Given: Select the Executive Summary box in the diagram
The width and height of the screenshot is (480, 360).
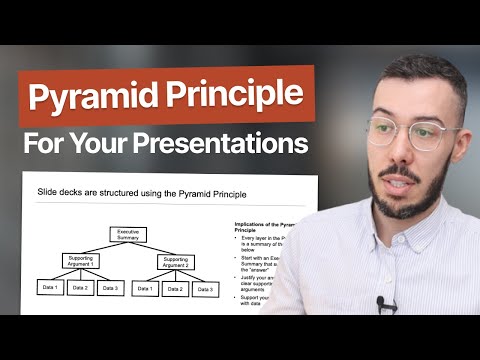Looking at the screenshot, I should (x=127, y=236).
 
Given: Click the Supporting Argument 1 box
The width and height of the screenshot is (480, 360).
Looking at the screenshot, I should (x=80, y=261).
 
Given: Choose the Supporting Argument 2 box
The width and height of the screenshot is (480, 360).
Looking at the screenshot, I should (x=176, y=261).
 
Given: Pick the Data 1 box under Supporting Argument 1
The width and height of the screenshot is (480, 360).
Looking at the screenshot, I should (x=48, y=289).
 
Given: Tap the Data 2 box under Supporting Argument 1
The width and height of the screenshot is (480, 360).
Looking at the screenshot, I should (x=80, y=289).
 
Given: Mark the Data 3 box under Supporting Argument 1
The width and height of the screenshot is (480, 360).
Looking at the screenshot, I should (x=111, y=289).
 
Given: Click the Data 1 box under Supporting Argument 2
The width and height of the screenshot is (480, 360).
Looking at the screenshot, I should (x=144, y=289).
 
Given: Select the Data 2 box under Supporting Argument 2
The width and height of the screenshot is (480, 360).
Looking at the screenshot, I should (x=176, y=289).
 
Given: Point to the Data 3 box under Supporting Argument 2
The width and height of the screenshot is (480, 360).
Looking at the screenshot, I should (x=207, y=289).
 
